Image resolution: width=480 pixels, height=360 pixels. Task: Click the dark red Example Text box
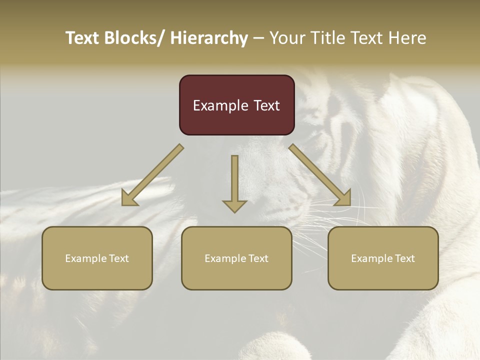coord(236,105)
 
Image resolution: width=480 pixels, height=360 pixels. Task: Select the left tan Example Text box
coord(97,258)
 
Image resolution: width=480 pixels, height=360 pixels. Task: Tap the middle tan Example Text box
coord(236,258)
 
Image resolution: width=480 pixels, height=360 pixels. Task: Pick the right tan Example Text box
coord(383,258)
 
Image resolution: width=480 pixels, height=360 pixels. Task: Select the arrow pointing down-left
coord(152,175)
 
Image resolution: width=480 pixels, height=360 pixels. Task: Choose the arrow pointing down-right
coord(320,175)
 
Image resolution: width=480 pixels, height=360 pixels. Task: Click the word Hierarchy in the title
coord(209,38)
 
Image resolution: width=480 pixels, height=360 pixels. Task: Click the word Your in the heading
coord(286,38)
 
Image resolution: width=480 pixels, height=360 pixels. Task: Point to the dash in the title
coord(258,38)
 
